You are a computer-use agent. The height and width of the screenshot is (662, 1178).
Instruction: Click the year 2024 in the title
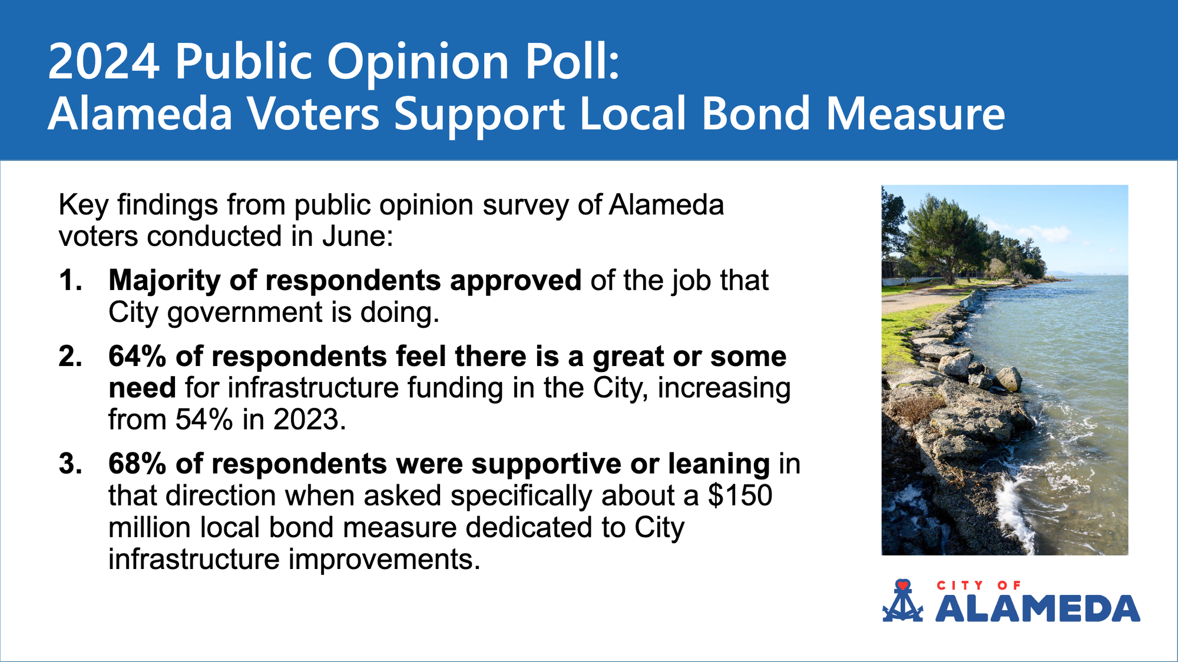point(104,61)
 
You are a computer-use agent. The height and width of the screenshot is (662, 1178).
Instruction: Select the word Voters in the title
point(313,114)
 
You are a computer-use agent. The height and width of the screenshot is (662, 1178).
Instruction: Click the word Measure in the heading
point(915,114)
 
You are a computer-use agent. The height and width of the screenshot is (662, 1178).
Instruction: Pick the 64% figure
point(138,356)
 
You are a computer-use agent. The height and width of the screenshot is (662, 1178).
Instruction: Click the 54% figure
point(204,420)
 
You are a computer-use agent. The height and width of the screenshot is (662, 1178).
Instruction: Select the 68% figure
point(138,464)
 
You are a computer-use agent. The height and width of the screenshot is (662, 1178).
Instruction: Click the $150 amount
point(740,495)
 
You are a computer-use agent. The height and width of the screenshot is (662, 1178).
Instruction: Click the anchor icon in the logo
point(902,601)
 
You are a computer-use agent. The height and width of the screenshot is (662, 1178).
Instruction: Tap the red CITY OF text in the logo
point(978,586)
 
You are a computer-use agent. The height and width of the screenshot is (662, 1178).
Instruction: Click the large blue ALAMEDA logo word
point(1038,609)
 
